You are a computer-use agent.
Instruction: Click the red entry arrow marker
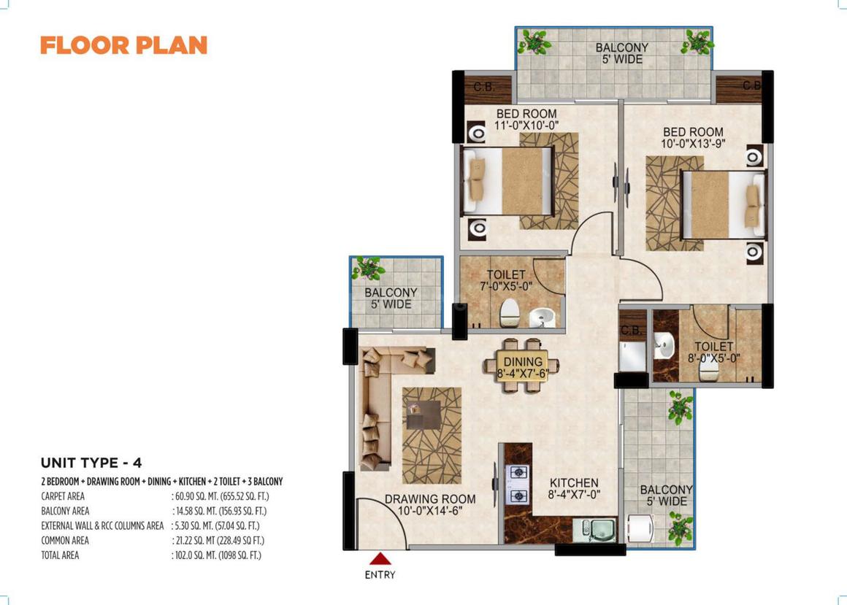point(380,558)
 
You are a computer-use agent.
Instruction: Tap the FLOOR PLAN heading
point(123,45)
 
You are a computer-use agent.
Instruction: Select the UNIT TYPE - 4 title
point(91,463)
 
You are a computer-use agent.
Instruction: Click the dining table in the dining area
point(522,365)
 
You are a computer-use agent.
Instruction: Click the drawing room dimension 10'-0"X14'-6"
point(430,511)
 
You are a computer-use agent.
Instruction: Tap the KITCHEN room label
point(574,482)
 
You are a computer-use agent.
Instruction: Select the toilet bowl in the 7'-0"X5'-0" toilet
point(510,312)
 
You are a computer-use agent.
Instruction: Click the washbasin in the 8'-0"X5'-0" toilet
point(664,345)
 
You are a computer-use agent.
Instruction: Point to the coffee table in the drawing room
point(423,415)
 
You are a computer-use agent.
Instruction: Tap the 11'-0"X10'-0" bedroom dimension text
point(526,126)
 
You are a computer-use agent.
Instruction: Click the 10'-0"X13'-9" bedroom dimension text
point(693,144)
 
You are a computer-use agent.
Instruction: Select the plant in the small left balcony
point(369,269)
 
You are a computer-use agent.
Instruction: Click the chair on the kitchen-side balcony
point(640,528)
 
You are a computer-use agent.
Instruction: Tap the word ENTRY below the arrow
point(380,575)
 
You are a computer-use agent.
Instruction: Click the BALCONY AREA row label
point(66,511)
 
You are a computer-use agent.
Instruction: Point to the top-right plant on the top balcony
point(697,42)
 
